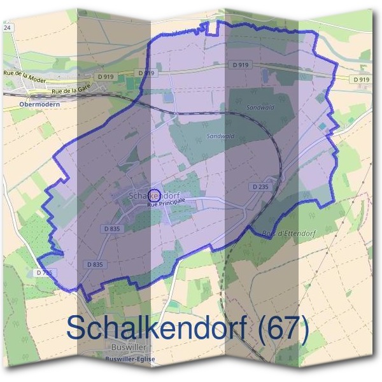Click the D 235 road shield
coord(260,187)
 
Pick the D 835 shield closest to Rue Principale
coord(111,227)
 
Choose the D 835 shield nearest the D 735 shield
coord(94,264)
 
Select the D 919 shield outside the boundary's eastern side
coord(360,79)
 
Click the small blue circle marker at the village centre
coord(154,195)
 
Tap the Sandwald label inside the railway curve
coord(221,136)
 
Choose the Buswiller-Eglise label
coord(130,359)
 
